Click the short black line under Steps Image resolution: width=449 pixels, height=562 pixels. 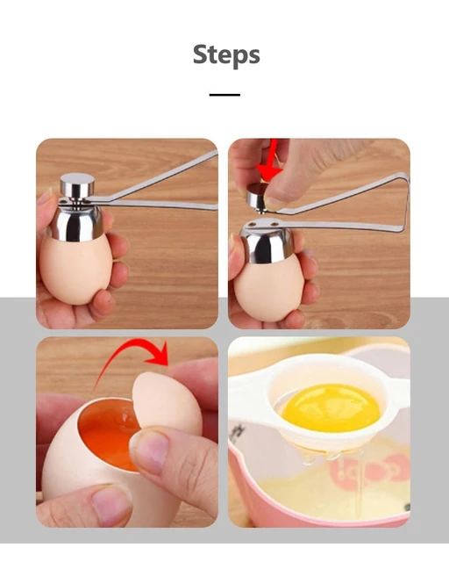pos(224,95)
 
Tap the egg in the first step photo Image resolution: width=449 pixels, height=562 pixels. pos(76,270)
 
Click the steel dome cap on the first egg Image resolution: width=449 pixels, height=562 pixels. pos(75,222)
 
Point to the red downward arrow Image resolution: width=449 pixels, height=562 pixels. pos(271,162)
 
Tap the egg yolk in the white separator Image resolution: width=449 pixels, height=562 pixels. pos(331,407)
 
